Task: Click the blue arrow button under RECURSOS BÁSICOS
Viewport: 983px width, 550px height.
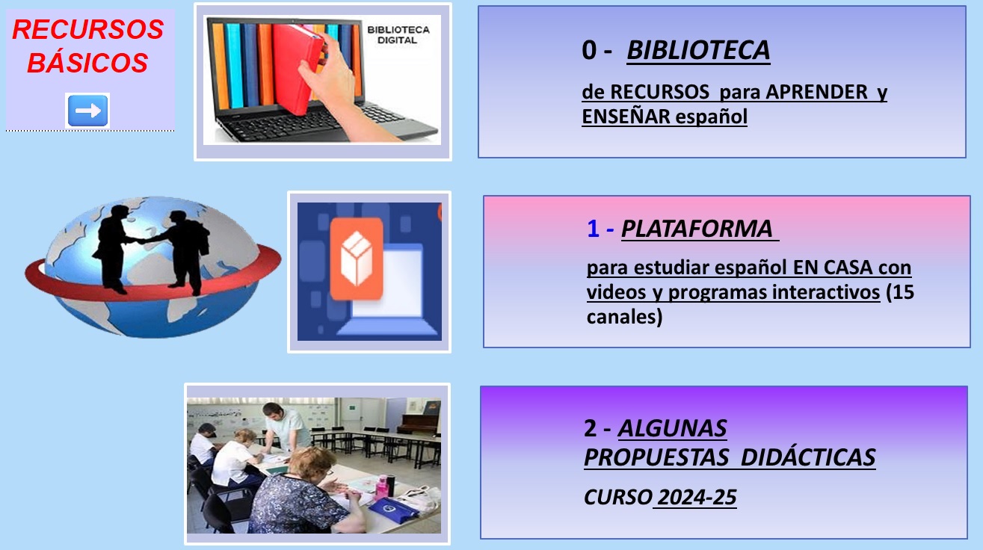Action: tap(87, 111)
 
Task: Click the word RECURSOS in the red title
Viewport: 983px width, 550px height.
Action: tap(87, 29)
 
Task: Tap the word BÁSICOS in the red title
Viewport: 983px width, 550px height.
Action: tap(87, 62)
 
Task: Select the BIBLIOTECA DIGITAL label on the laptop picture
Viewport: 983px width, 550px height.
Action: tap(398, 34)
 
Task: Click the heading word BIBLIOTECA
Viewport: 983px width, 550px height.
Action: tap(698, 50)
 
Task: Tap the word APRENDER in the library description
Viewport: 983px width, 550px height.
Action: tap(817, 92)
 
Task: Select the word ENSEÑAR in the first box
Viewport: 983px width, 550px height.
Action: tap(626, 117)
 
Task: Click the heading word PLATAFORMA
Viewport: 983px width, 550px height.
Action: tap(697, 229)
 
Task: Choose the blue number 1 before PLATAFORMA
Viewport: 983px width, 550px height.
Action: tap(594, 229)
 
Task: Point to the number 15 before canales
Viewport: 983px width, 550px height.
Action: tap(904, 292)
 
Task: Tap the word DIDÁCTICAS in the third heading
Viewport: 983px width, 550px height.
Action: tap(808, 457)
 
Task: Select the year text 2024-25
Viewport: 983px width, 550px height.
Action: tap(697, 498)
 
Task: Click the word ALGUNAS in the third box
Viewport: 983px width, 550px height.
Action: tap(672, 428)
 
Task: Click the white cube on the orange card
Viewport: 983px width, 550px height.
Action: tap(357, 258)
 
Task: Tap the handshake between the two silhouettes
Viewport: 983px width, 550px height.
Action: tap(141, 241)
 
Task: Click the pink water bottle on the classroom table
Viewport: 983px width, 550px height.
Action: tap(381, 486)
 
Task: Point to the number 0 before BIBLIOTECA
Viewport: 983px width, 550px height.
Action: tap(589, 50)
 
